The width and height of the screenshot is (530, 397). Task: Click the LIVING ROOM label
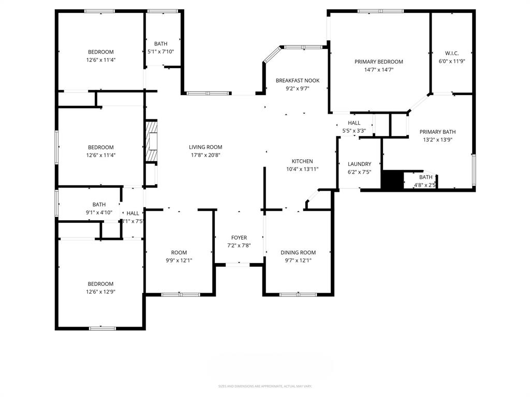[205, 147]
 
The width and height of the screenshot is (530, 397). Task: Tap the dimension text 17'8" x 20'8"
[205, 155]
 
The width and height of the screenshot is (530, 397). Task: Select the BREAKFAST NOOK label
[297, 81]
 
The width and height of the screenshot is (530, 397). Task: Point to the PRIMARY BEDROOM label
[378, 62]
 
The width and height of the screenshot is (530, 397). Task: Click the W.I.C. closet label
[452, 53]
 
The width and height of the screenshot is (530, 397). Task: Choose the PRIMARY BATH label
[437, 132]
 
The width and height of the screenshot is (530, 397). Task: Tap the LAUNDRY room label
[359, 164]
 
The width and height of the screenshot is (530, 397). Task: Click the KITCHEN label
[302, 161]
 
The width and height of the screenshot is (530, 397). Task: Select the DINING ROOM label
[298, 253]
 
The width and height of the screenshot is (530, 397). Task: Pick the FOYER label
[239, 238]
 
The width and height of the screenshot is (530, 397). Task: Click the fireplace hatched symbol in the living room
[151, 142]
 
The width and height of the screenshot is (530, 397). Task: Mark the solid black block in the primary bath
[392, 180]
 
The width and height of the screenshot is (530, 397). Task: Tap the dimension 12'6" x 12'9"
[100, 292]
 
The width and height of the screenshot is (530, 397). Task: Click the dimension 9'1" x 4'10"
[99, 212]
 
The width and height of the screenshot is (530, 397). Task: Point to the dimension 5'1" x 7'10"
[160, 51]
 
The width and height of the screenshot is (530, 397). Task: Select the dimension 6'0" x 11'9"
[452, 61]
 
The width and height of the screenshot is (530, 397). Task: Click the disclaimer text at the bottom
[265, 386]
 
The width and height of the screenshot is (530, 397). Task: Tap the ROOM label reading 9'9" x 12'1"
[179, 253]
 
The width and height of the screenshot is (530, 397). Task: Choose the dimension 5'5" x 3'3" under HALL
[354, 130]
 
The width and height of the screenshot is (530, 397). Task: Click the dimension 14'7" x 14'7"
[378, 70]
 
